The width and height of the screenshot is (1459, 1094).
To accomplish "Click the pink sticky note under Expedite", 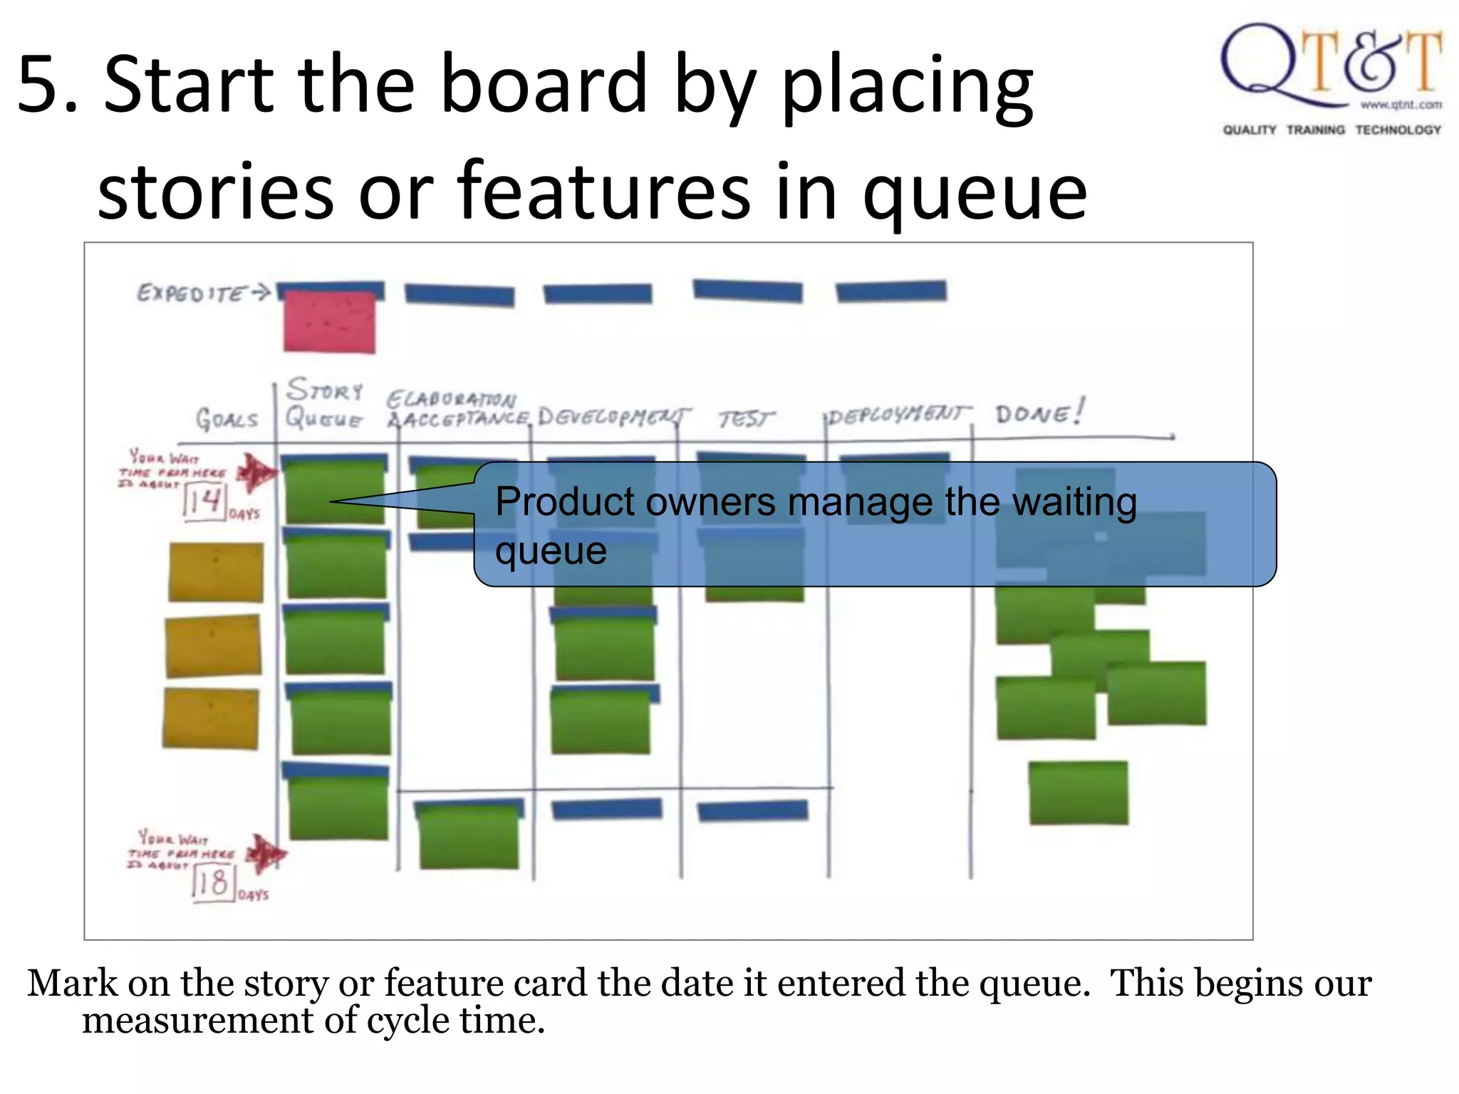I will [329, 322].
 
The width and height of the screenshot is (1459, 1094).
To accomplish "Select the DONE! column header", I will [1039, 413].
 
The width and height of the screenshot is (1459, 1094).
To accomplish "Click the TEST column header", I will [744, 419].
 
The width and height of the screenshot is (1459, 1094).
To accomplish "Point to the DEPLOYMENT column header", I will [899, 415].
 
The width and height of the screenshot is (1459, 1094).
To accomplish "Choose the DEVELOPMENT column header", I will [613, 416].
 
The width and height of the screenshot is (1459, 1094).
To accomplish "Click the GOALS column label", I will [227, 419].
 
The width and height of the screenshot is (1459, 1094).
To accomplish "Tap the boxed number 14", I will [205, 501].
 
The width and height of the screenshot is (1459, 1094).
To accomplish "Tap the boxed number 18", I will [214, 883].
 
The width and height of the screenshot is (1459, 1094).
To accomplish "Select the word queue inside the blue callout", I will [551, 551].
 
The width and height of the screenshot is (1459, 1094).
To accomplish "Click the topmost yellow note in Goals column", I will [216, 572].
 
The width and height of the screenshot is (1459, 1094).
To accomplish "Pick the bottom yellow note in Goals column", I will [211, 718].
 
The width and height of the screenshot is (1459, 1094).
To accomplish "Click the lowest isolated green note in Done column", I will [1079, 793].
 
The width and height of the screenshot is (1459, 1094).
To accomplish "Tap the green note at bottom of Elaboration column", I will [469, 837].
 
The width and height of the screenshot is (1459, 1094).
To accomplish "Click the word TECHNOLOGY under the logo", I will [1398, 130].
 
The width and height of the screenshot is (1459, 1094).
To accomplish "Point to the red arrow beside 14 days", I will [256, 472].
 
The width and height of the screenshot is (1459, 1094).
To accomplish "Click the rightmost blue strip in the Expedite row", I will [891, 291].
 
